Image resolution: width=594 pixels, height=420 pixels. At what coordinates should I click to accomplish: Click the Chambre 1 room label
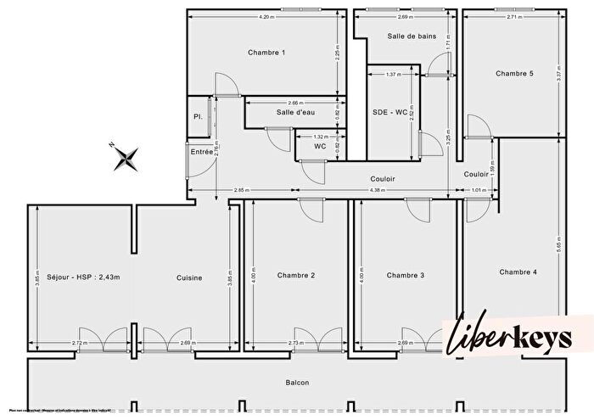266,53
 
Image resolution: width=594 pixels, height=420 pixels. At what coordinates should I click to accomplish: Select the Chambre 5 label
514,74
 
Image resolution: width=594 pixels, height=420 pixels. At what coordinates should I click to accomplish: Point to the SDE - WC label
389,113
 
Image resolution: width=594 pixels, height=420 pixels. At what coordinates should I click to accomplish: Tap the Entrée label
202,152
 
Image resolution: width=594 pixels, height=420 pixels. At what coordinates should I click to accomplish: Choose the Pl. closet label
197,116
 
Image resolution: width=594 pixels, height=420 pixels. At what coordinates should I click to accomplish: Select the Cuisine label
189,277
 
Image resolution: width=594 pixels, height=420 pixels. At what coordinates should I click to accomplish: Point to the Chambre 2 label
296,275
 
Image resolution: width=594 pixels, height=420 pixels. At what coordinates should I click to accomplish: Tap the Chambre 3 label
405,275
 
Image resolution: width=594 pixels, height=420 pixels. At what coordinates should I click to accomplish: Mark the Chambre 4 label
518,272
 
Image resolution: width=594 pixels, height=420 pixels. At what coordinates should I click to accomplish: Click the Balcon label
296,383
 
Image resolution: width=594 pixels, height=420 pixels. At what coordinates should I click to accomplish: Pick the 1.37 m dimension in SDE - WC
392,75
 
